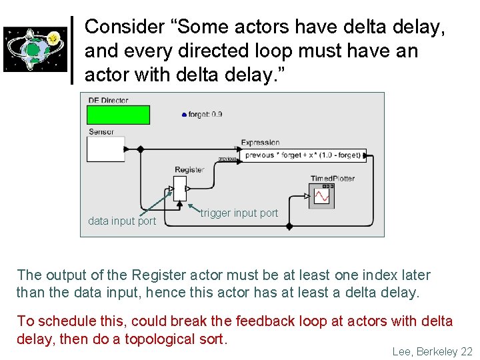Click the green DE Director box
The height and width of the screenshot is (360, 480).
[x=118, y=115]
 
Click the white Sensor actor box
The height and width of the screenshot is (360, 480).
[x=106, y=149]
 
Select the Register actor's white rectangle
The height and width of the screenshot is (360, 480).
[x=180, y=188]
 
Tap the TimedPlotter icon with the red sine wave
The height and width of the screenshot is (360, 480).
[x=321, y=196]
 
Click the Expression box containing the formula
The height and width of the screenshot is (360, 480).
[x=303, y=155]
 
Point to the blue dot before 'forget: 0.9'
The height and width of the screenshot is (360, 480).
[x=184, y=115]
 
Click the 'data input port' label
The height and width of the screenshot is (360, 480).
[x=122, y=221]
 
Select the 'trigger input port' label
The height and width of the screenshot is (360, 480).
[x=239, y=213]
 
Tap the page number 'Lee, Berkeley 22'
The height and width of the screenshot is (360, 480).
[x=432, y=351]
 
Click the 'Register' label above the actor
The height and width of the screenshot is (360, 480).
[x=189, y=170]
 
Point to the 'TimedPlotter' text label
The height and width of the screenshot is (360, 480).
[x=333, y=179]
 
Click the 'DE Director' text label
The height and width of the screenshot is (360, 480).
[x=108, y=100]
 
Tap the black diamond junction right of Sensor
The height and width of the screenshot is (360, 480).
[x=140, y=149]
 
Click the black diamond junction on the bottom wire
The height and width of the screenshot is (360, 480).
[x=289, y=227]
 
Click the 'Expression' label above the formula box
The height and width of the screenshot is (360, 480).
[x=260, y=143]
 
